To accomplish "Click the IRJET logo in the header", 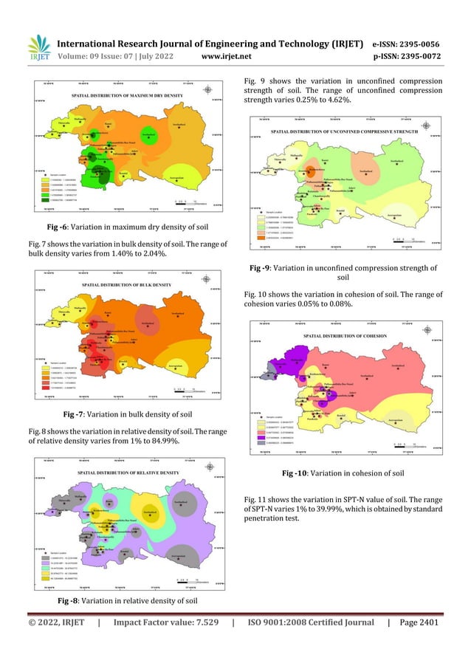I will [x=38, y=46].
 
